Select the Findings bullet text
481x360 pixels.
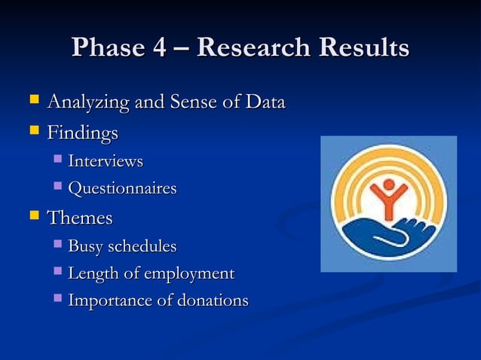[x=83, y=134]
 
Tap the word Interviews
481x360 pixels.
[x=106, y=161]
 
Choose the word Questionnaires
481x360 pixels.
[x=122, y=188]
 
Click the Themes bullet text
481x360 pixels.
[x=80, y=218]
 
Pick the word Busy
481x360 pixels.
[x=85, y=246]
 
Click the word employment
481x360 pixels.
[x=191, y=273]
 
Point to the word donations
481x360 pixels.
[x=212, y=301]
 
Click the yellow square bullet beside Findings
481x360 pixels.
[x=33, y=132]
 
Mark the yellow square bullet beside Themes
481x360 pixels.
[x=33, y=216]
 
